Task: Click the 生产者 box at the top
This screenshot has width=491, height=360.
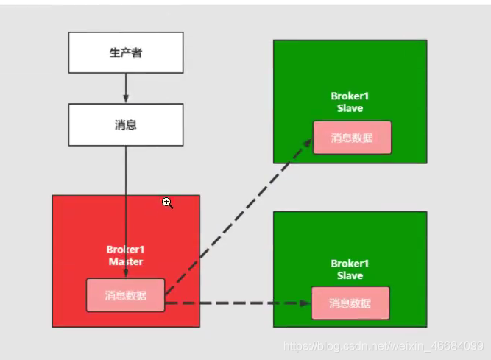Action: [x=125, y=53]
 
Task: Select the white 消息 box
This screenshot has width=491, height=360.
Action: [x=125, y=124]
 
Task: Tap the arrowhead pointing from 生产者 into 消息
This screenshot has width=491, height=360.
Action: [x=126, y=99]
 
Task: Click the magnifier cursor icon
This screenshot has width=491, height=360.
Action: [x=168, y=202]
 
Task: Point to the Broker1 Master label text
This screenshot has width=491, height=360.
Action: [x=125, y=255]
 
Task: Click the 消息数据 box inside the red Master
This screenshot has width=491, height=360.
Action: [x=125, y=295]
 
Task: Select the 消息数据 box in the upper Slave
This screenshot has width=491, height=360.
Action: [x=352, y=138]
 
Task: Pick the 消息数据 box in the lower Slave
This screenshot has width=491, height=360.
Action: [x=350, y=303]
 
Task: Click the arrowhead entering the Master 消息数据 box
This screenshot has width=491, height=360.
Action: [x=126, y=274]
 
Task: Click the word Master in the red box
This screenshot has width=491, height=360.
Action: [x=125, y=261]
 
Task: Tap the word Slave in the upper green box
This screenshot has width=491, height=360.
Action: [x=350, y=108]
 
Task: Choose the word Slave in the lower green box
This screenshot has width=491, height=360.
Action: [x=350, y=275]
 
